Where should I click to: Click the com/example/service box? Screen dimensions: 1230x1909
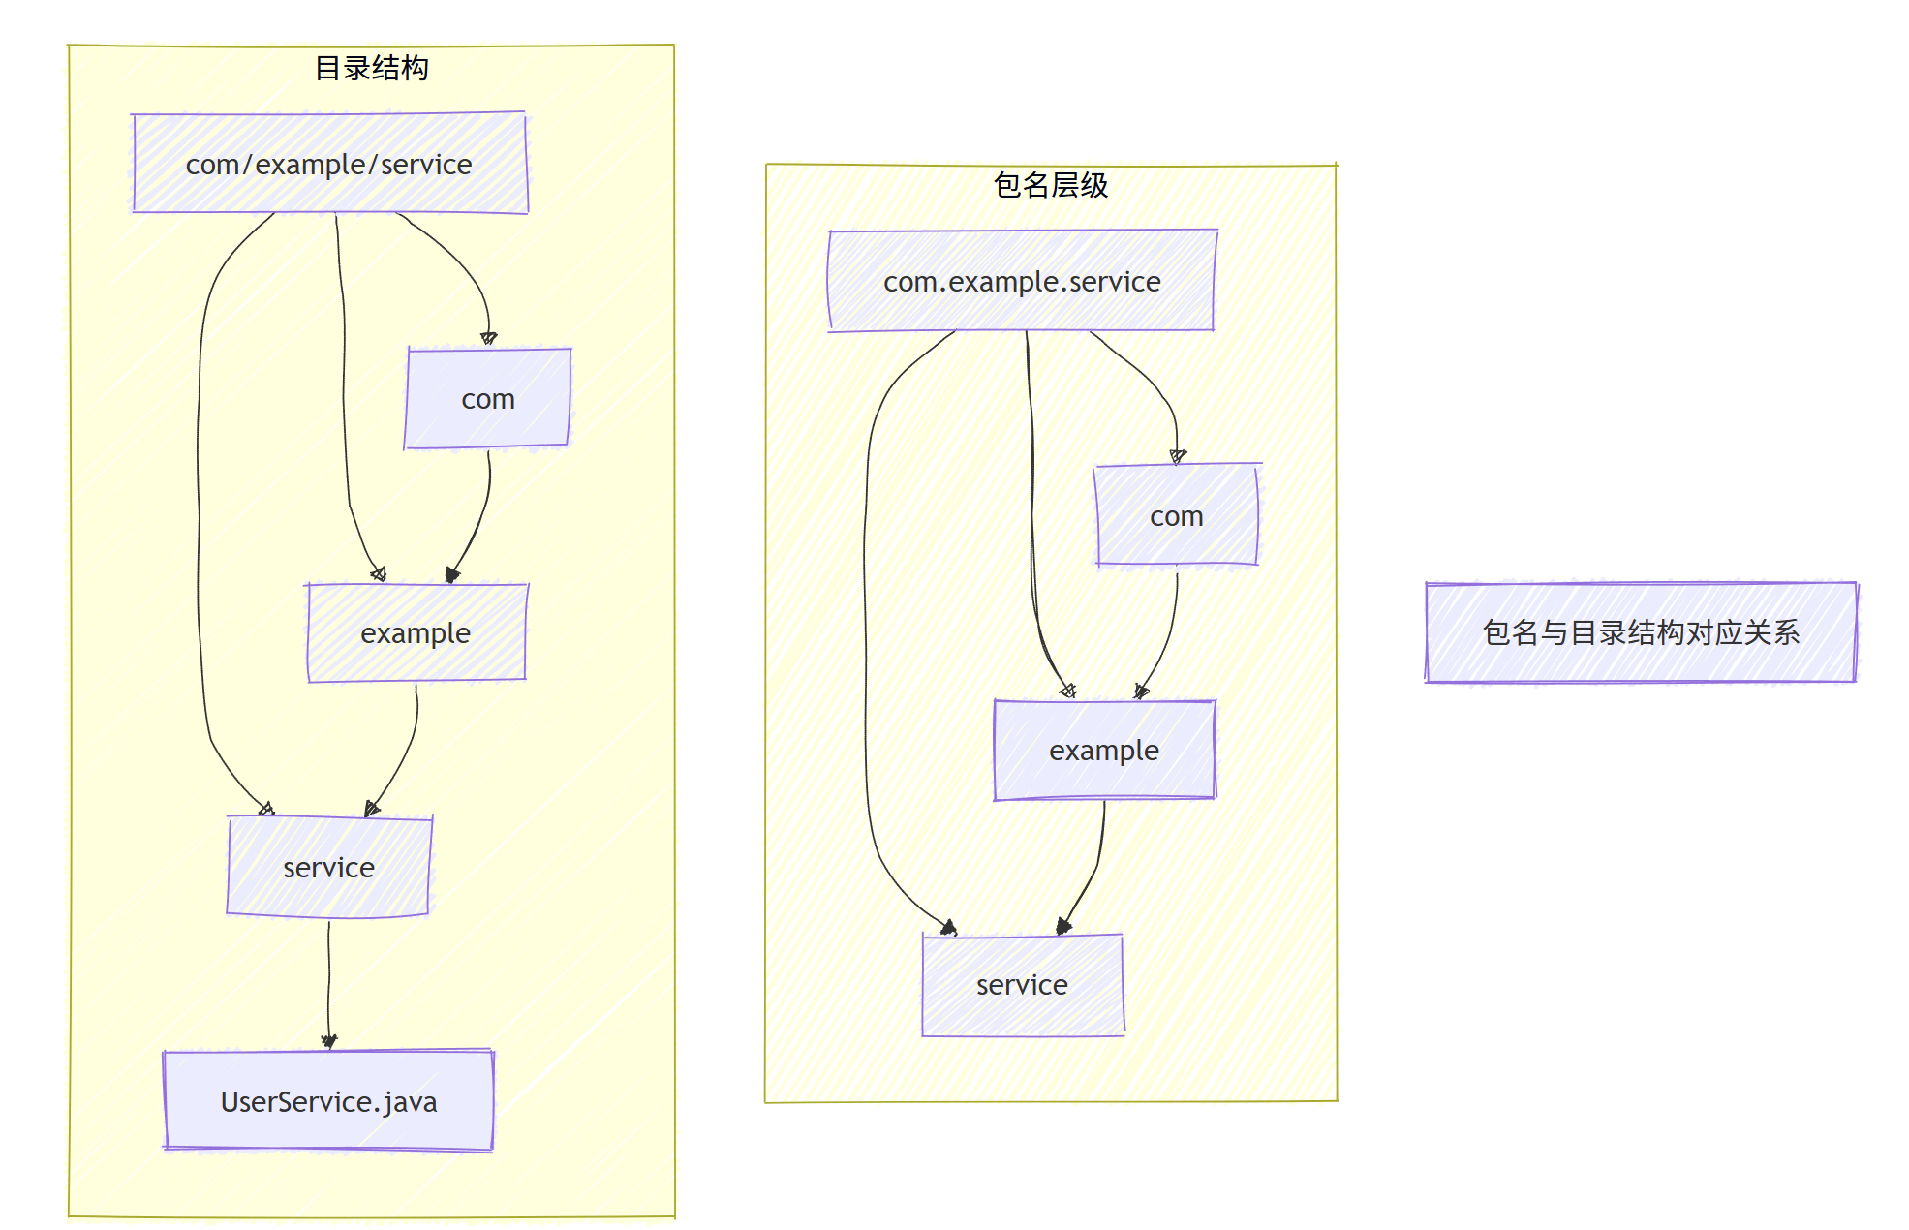329,164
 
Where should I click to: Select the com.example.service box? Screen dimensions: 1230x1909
1022,281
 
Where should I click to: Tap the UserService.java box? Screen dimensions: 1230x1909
328,1101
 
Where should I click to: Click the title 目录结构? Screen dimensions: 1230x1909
372,68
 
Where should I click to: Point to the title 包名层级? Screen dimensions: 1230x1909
1051,185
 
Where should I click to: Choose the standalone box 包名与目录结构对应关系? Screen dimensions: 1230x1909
1641,632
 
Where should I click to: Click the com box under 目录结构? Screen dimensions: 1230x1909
488,399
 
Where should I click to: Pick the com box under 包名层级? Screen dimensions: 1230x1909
1177,516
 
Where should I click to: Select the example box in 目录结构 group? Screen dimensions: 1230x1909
416,633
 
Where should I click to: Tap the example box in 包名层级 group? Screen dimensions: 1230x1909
1104,751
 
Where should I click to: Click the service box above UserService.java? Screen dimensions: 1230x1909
328,868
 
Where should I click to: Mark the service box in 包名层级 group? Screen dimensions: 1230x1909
1022,985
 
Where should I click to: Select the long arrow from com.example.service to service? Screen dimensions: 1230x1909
865,630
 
